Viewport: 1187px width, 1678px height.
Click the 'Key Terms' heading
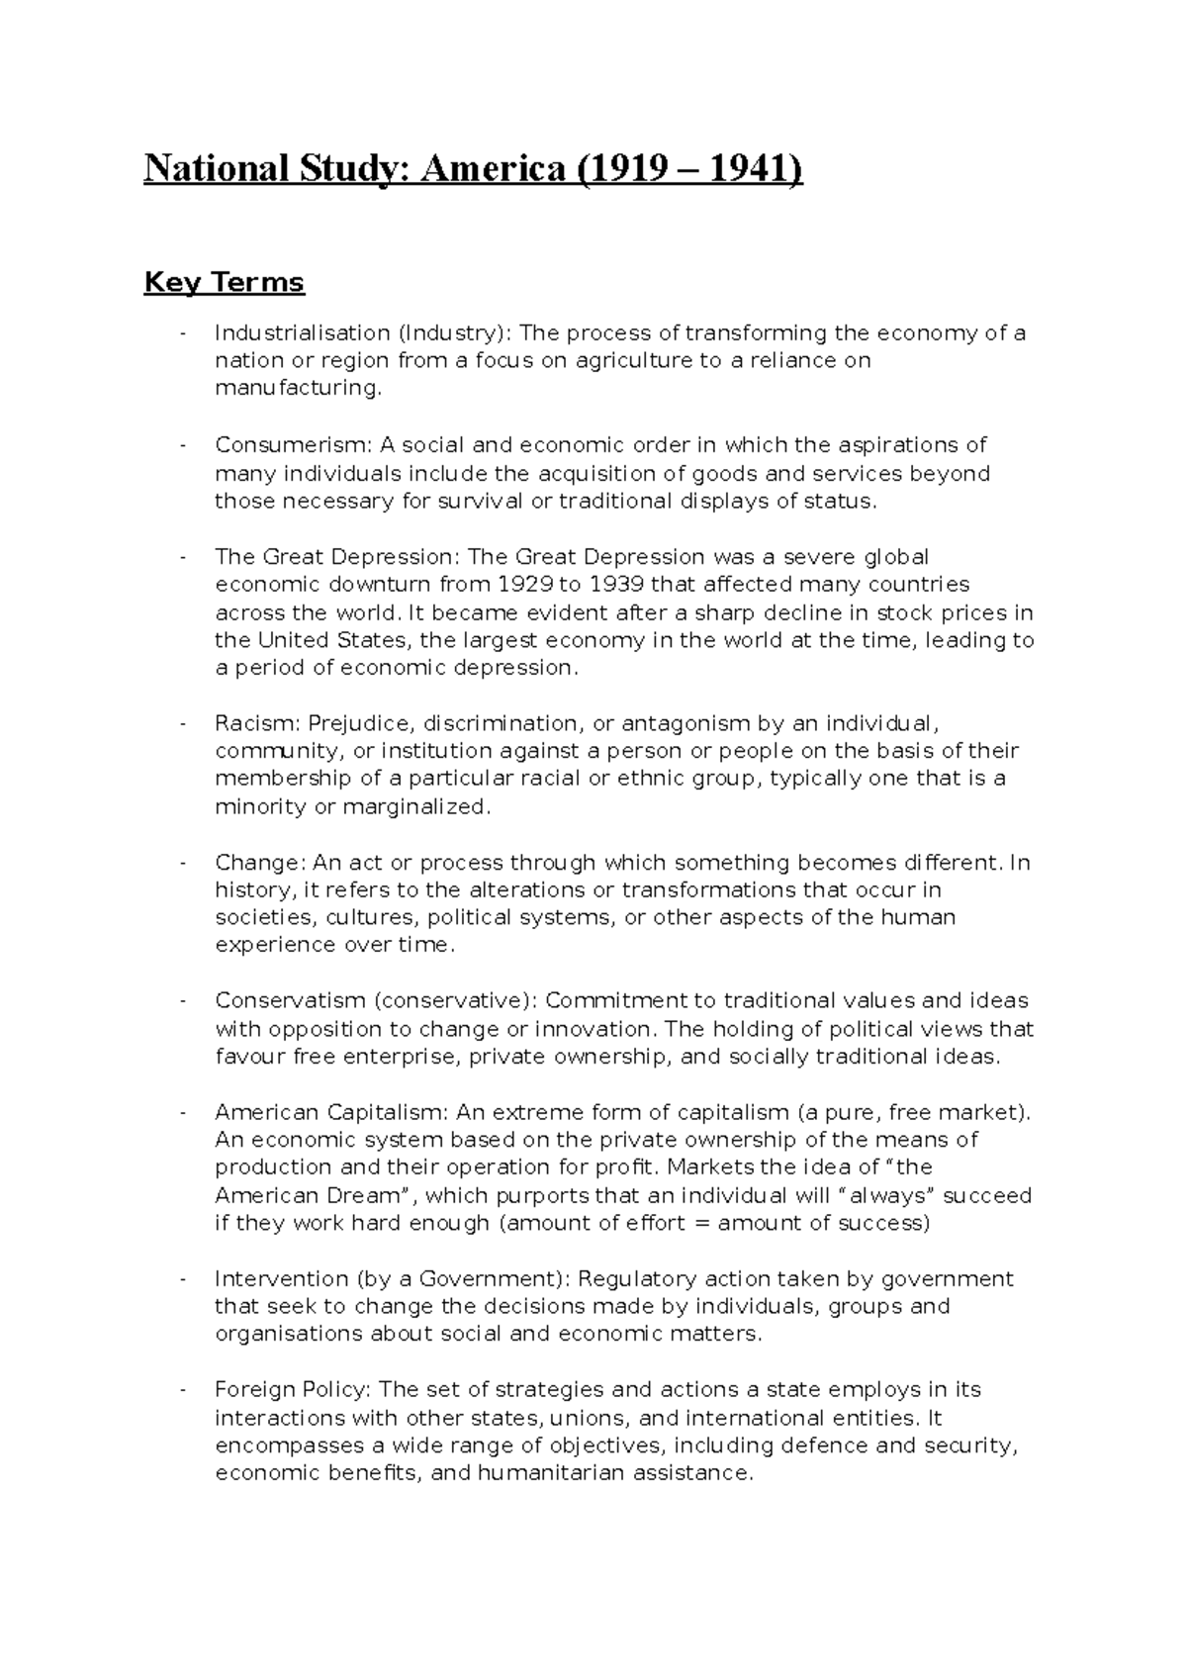(x=224, y=283)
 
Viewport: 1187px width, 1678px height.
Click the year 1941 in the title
(x=755, y=169)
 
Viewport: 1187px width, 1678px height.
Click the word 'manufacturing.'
(x=297, y=389)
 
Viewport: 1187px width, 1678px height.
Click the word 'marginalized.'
(x=415, y=807)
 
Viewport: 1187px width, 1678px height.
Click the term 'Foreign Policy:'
(x=293, y=1390)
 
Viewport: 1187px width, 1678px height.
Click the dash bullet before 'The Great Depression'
(x=183, y=557)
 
